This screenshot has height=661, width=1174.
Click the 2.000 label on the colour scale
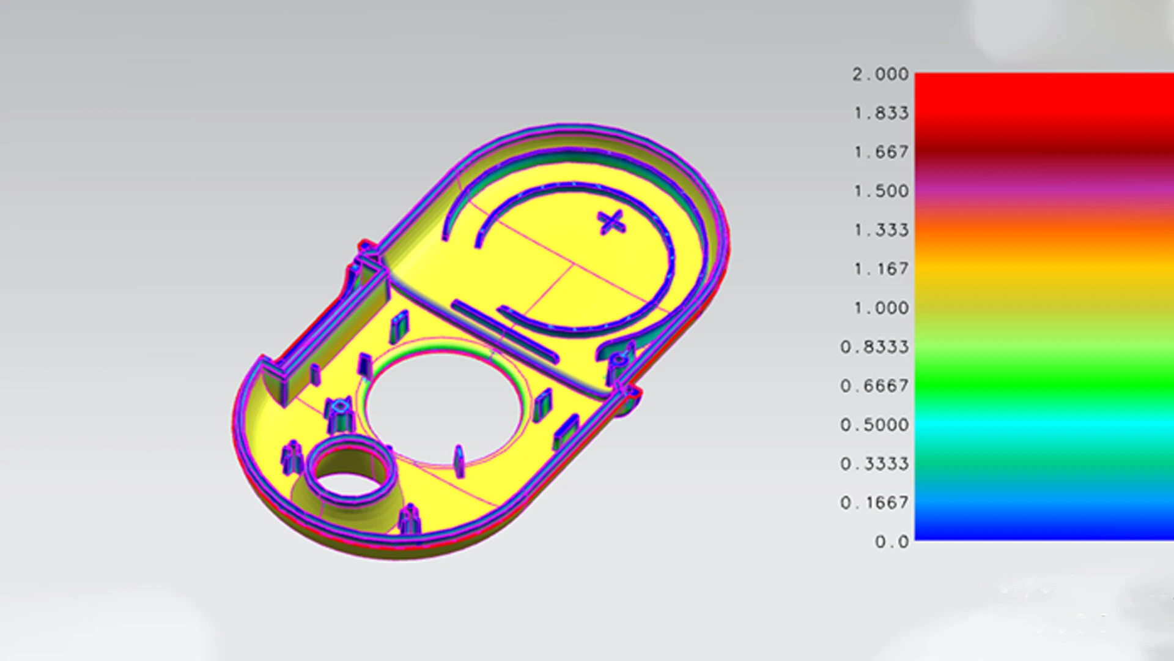click(x=880, y=74)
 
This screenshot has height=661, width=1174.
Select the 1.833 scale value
click(x=881, y=113)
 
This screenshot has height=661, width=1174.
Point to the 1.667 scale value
click(x=881, y=152)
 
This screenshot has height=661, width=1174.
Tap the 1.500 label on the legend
click(x=881, y=191)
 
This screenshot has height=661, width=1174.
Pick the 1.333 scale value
click(x=881, y=230)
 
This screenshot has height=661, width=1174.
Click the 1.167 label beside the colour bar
click(x=881, y=269)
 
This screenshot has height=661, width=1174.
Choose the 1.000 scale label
click(x=881, y=308)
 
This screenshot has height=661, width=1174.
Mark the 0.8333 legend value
click(x=874, y=347)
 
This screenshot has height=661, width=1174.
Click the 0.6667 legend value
click(x=874, y=386)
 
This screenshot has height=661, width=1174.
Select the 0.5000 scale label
click(x=874, y=425)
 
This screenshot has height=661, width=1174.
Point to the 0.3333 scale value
click(x=874, y=464)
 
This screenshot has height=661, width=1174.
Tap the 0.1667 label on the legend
click(x=874, y=502)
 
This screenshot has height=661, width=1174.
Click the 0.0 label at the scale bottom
click(x=892, y=542)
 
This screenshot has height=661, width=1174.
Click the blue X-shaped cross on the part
click(x=611, y=222)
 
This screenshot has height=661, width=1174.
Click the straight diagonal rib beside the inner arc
click(x=504, y=330)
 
